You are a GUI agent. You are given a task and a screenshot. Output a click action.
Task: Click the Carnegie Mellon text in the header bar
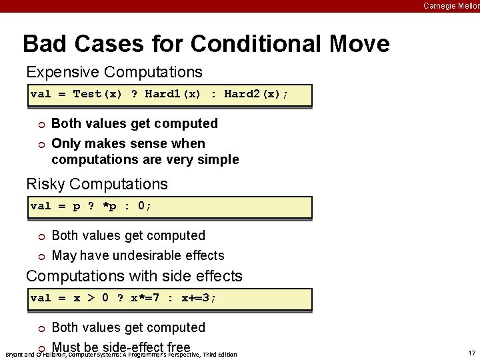click(x=451, y=5)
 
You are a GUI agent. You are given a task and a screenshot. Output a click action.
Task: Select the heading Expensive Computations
click(x=114, y=71)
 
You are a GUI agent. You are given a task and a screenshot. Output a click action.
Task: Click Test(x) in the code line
click(x=97, y=94)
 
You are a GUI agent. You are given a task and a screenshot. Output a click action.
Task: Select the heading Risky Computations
click(x=97, y=183)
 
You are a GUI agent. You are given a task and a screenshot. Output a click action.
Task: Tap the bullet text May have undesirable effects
click(x=137, y=255)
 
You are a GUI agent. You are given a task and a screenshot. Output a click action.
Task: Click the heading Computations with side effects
click(x=134, y=276)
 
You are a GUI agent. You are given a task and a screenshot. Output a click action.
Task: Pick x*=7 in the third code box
click(x=145, y=298)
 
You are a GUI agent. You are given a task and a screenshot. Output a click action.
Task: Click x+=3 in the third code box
click(x=199, y=298)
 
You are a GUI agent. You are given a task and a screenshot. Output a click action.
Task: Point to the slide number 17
click(x=472, y=353)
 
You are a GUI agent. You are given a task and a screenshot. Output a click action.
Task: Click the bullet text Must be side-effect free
click(x=121, y=347)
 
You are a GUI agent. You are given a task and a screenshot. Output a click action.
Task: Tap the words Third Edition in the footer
click(x=220, y=355)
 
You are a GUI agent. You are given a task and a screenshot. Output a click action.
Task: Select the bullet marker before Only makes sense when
click(x=41, y=144)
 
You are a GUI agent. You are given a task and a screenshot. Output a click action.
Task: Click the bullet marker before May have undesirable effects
click(x=41, y=256)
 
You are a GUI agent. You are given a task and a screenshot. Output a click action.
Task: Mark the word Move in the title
click(x=359, y=44)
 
